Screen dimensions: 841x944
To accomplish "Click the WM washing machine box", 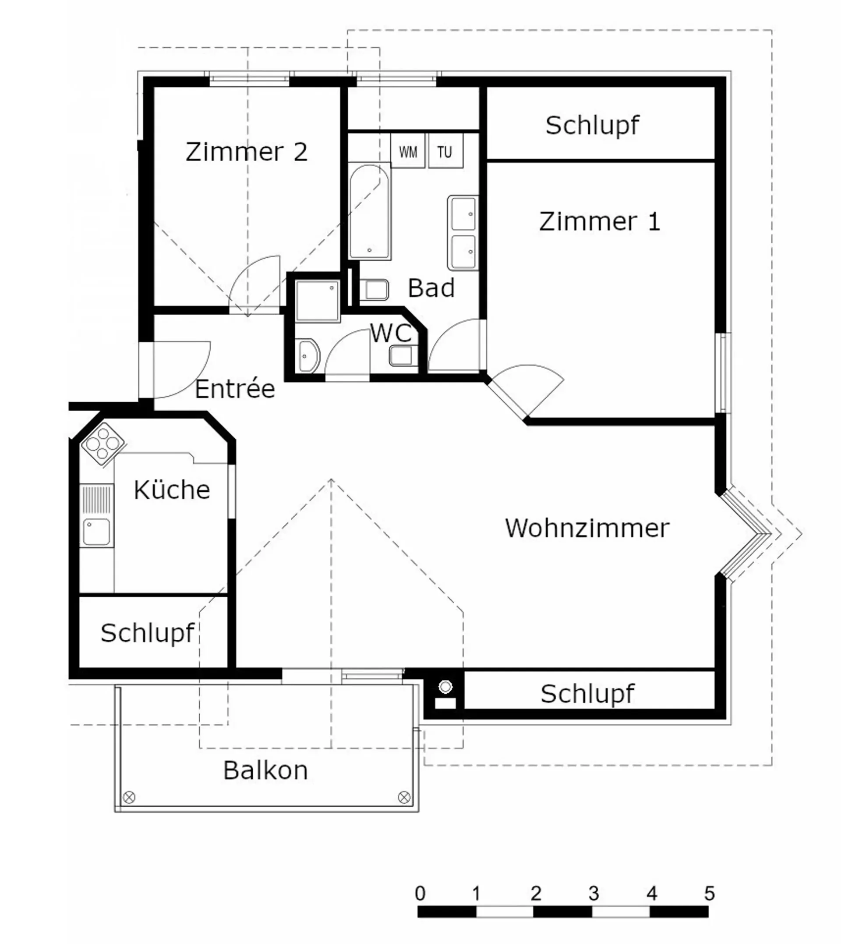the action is point(407,151).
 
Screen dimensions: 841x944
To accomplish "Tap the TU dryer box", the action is point(445,151).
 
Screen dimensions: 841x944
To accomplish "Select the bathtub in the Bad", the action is point(370,211).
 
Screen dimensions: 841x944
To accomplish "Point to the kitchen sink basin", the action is point(96,532).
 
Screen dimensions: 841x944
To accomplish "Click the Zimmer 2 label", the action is point(246,152).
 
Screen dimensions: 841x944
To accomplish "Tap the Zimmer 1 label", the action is point(600,221).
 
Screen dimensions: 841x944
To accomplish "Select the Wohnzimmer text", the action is point(587,528).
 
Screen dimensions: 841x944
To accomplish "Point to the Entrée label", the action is point(235,388).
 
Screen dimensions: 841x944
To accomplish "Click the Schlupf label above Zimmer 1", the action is point(592,125).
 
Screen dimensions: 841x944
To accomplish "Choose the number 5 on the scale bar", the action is point(709,894).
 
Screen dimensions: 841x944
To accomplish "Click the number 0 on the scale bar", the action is point(420,894).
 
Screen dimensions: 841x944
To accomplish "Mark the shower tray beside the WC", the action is point(318,301).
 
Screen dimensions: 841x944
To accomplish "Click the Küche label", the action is point(172,489).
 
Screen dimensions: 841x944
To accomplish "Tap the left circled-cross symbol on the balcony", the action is point(130,797).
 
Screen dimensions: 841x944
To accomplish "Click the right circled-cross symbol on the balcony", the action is point(404,797).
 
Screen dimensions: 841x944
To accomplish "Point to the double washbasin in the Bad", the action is point(463,233).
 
